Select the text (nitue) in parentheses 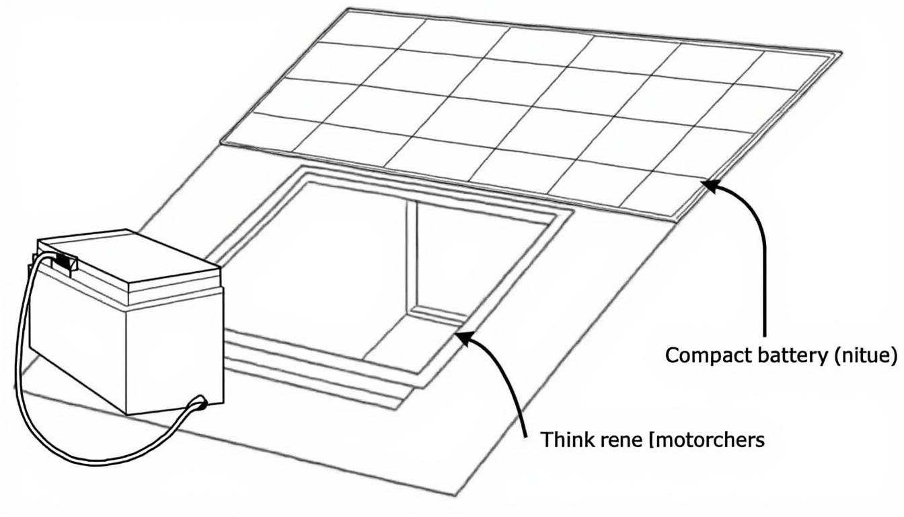pos(866,355)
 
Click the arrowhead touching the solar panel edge pos(710,184)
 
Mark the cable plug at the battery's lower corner pos(199,403)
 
